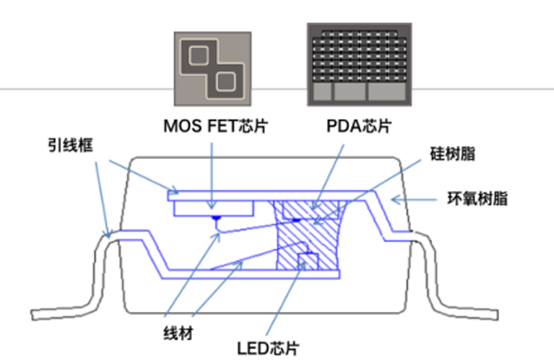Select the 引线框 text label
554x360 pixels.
tap(68, 145)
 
